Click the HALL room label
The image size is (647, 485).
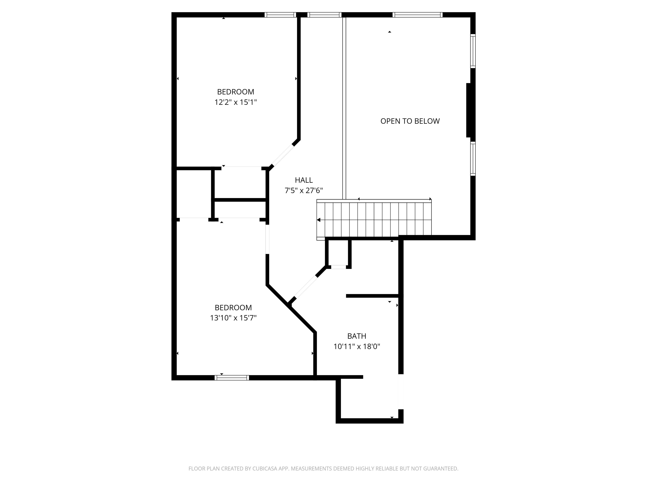coord(304,180)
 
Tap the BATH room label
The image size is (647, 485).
coord(357,336)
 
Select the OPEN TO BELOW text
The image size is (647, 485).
coord(410,121)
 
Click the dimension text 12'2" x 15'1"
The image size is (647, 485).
coord(235,102)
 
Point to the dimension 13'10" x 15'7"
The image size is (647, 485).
coord(233,318)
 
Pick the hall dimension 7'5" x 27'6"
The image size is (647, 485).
coord(304,191)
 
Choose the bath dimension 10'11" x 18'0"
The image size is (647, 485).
coord(357,346)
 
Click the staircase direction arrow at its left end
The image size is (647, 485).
coord(318,220)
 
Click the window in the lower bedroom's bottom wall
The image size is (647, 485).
coord(232,378)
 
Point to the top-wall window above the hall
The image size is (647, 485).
coord(324,15)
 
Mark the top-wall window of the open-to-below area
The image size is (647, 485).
coord(417,15)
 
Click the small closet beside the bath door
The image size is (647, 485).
coord(338,253)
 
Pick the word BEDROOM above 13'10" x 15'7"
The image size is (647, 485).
coord(233,308)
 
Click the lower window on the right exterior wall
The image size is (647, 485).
coord(473,159)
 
